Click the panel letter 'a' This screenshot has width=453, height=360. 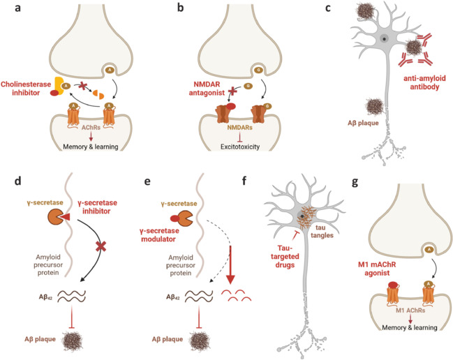[18, 8]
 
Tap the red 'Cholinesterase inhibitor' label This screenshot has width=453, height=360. [26, 89]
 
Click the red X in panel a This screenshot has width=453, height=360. [83, 86]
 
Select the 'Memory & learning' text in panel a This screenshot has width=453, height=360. [91, 147]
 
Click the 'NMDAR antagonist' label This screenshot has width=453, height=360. [207, 89]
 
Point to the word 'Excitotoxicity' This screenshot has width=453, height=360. [240, 147]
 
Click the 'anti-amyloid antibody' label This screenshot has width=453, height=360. [424, 82]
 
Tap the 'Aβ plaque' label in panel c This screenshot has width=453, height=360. [363, 123]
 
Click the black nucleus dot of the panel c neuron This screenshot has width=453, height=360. [384, 38]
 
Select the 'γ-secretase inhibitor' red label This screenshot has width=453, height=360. [97, 207]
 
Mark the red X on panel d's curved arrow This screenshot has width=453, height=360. [101, 246]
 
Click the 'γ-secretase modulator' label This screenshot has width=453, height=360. [158, 235]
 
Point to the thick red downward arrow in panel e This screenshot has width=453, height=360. [230, 264]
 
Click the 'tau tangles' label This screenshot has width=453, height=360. [322, 232]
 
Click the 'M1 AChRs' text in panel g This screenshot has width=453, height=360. [410, 310]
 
